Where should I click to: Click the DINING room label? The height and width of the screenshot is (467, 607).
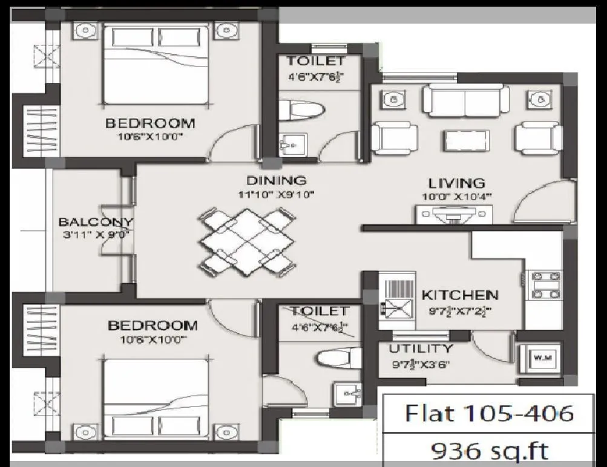[276, 180]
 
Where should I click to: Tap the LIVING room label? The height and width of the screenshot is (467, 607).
[457, 183]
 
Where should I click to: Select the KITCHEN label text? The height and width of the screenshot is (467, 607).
[460, 295]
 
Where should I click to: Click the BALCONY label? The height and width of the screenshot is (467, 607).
[96, 221]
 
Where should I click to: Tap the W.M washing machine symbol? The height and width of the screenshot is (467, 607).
[538, 358]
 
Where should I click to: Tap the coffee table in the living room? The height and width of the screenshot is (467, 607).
[466, 140]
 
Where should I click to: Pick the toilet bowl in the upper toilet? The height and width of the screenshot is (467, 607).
[306, 110]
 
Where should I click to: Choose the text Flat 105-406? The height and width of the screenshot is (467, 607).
[488, 413]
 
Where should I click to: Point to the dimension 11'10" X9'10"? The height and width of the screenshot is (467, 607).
[276, 195]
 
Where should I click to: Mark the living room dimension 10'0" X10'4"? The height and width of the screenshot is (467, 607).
[457, 197]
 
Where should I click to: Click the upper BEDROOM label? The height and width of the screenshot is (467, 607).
[150, 123]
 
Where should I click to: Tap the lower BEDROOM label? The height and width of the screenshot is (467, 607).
[153, 326]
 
